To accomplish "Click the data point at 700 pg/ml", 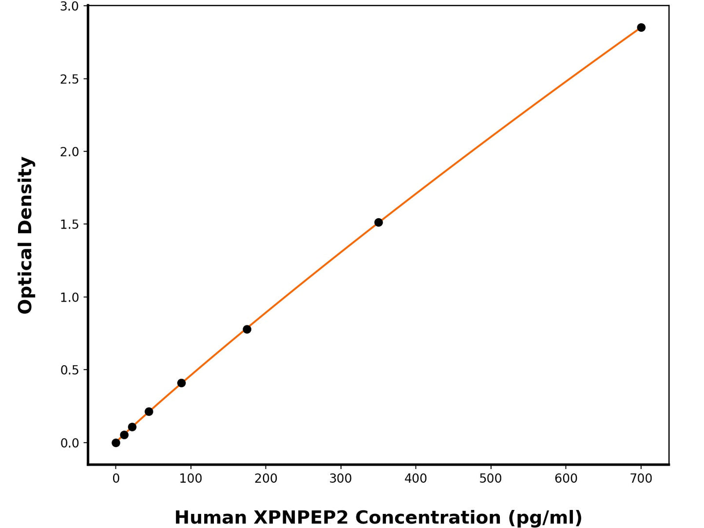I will (641, 28).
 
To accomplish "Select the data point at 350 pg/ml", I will (379, 223).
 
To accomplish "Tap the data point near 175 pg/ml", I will (247, 329).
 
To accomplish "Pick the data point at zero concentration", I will (116, 443).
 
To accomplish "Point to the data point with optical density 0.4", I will (181, 383).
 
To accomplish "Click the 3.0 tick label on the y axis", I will (69, 6).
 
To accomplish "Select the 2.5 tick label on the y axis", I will (69, 79).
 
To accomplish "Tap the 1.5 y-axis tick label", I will (69, 225).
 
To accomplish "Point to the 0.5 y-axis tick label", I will (69, 370).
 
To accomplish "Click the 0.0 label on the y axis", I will (69, 443).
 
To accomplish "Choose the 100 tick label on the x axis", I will (190, 479).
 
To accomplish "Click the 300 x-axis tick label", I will (341, 479).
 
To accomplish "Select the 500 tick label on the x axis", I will (491, 479).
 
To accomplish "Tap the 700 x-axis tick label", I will (641, 479).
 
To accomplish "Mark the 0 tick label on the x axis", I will (116, 479).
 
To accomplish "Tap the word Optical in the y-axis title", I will (25, 277).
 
